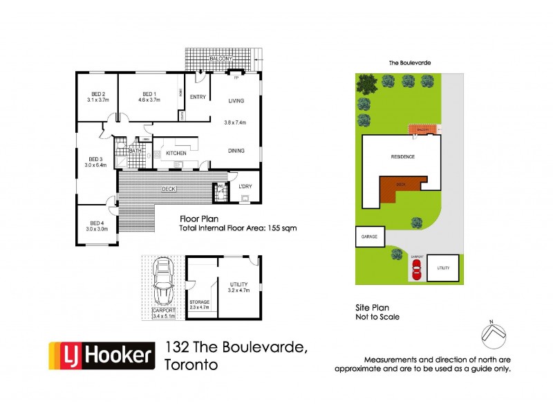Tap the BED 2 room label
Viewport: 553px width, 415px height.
(x=98, y=95)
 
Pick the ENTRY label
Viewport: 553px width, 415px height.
(x=198, y=97)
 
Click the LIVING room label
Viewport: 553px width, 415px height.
(x=237, y=101)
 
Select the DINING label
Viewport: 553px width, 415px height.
(x=237, y=150)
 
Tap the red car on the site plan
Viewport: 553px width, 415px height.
(x=416, y=271)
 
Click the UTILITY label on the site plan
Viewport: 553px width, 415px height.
(x=442, y=268)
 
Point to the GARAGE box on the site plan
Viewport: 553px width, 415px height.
(x=368, y=237)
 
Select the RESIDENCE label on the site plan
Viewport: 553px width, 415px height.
(x=402, y=156)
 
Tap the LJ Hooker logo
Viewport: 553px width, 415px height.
(x=102, y=356)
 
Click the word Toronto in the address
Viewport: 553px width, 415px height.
(x=192, y=364)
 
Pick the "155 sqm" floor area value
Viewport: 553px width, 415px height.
(x=281, y=228)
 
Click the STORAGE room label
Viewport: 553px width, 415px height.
(x=199, y=302)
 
